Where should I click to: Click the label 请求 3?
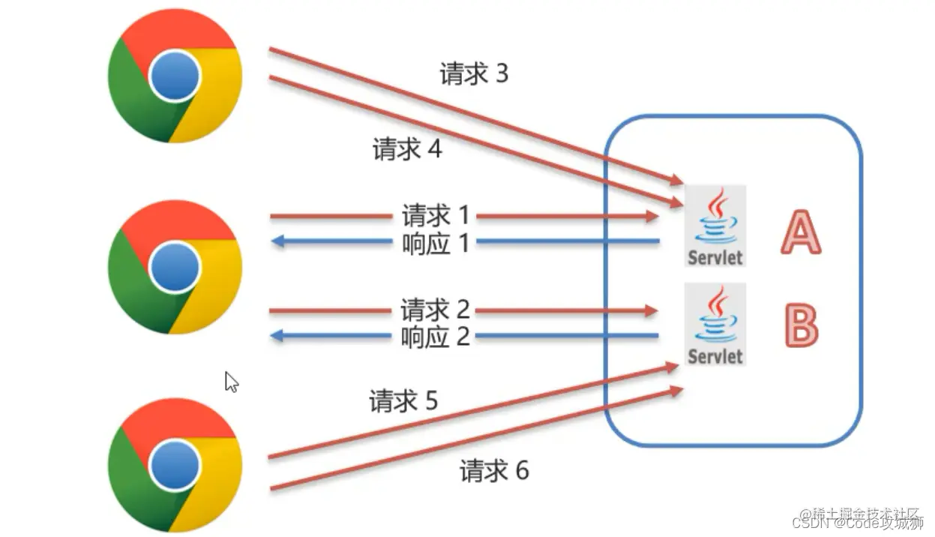point(473,73)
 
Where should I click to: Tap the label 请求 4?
point(407,149)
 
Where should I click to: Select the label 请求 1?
point(435,217)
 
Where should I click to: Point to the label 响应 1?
point(435,242)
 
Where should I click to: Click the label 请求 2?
point(435,310)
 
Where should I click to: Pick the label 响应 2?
point(435,336)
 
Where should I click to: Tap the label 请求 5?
point(403,401)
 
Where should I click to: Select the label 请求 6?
point(494,470)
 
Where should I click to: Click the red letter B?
point(801,325)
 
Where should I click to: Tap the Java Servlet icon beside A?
point(715,225)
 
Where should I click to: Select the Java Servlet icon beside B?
point(715,324)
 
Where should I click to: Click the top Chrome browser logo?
point(175,76)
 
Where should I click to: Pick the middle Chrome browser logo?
point(175,267)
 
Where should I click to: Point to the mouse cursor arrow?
point(231,381)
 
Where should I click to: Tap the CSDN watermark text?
point(862,523)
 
